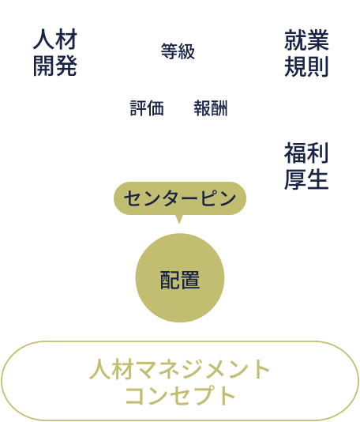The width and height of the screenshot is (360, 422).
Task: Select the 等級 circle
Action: point(178,52)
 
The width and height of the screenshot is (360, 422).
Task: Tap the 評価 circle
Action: point(147,108)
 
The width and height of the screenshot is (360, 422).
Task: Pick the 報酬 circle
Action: point(211,108)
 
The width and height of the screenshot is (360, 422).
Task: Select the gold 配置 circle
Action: point(180,279)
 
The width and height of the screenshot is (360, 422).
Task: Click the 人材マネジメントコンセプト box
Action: point(180,381)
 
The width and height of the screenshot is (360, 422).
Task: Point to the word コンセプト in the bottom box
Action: point(180,394)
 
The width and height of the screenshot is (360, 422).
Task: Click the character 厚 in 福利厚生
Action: point(294,178)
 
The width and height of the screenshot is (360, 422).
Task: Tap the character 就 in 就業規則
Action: point(294,39)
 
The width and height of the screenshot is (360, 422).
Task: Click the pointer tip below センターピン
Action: point(180,221)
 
